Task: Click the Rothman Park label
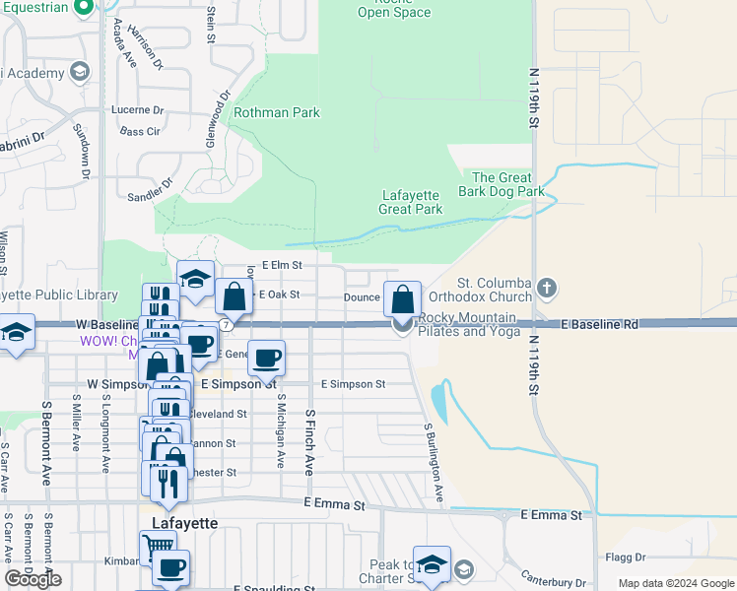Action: pos(276,112)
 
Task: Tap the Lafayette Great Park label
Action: pos(411,202)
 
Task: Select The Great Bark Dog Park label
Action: pos(502,183)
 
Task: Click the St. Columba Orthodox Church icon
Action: pos(548,288)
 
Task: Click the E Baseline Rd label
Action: pos(601,324)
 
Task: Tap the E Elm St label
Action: pos(281,265)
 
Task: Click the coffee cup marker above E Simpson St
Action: pos(265,358)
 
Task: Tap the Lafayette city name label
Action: pos(184,523)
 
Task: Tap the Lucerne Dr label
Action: pos(138,109)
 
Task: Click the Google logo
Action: pos(33,579)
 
